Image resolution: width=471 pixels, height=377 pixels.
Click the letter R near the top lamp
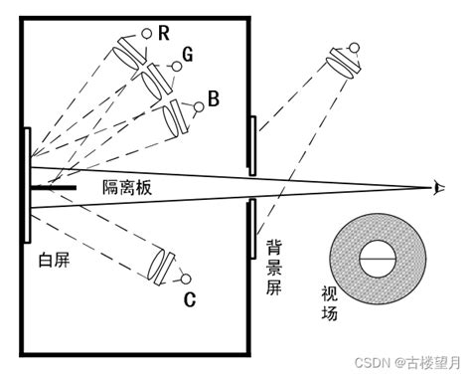click(x=163, y=32)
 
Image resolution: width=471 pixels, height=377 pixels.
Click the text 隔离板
click(x=128, y=187)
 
